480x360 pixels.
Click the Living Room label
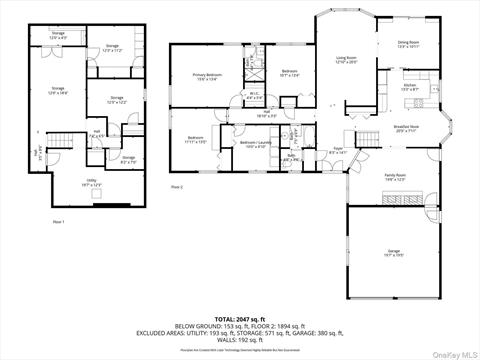point(346,60)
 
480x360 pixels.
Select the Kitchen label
point(409,88)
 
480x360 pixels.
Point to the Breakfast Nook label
point(405,129)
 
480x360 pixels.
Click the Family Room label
point(396,177)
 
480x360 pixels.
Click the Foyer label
point(338,151)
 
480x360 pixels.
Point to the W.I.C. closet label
point(254,97)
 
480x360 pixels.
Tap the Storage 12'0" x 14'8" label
point(56,92)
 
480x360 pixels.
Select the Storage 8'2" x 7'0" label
point(128,158)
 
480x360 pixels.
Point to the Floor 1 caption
point(58,221)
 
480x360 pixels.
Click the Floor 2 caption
point(177,187)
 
